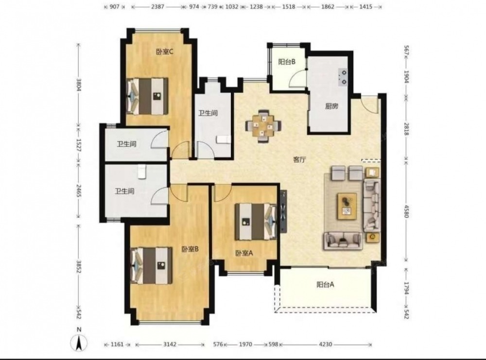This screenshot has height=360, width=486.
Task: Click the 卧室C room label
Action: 164,51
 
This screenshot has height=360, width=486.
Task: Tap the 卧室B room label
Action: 190,249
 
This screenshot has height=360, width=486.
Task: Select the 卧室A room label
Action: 244,254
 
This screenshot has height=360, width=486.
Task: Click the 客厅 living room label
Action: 300,160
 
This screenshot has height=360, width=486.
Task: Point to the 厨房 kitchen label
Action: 331,106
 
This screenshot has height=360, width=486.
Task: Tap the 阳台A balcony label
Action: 325,284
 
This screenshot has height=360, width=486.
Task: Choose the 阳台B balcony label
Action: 287,62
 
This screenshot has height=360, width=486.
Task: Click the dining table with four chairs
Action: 264,126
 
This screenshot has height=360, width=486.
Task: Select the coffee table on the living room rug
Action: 347,206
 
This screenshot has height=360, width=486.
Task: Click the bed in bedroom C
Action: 148,96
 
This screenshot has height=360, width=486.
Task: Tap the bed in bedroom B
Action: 152,265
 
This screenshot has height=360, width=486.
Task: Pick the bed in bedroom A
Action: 256,222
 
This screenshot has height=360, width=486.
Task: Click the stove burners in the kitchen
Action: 343,77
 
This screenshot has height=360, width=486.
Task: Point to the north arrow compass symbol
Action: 79,343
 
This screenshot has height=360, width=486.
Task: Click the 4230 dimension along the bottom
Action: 326,344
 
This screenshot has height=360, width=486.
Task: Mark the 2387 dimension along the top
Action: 157,6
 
